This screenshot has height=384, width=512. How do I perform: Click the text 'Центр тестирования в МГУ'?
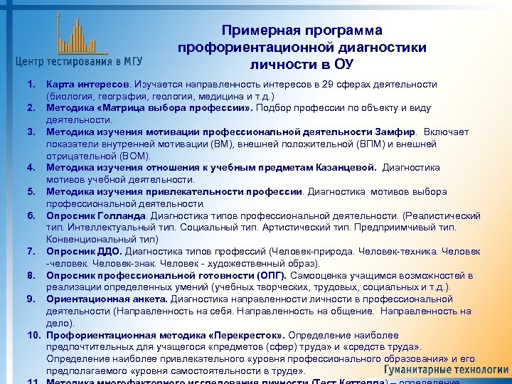78,60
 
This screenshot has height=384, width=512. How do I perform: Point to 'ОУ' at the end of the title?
343,65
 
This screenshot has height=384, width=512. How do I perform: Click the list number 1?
31,85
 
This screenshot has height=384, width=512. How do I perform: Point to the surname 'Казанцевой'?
348,168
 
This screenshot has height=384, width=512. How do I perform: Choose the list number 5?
31,192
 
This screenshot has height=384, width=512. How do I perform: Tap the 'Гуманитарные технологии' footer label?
447,370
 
